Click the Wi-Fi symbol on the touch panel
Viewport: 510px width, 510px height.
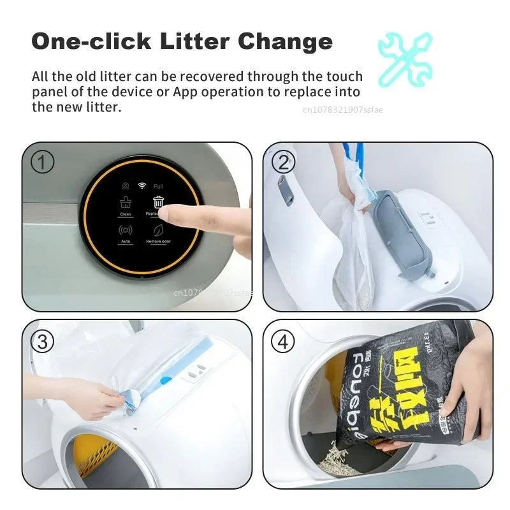(142, 186)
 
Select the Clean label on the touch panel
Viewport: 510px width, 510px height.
(125, 215)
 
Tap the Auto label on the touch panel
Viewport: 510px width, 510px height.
(125, 242)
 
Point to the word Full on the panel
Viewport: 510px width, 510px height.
(158, 186)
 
